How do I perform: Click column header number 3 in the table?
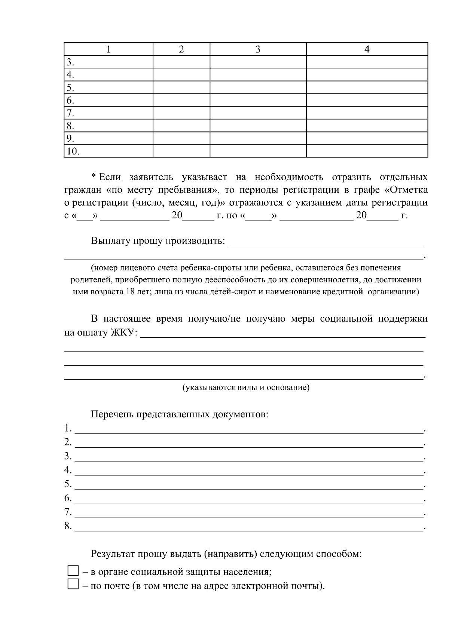(258, 49)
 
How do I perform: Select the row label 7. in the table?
(70, 113)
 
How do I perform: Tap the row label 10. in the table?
(73, 151)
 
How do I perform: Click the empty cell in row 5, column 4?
(367, 88)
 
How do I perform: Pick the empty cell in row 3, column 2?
(181, 62)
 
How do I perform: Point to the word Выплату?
(109, 240)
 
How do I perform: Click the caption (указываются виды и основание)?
(246, 387)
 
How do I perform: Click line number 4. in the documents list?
(68, 470)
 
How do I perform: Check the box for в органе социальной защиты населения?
(73, 571)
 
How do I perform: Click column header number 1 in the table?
(109, 49)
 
